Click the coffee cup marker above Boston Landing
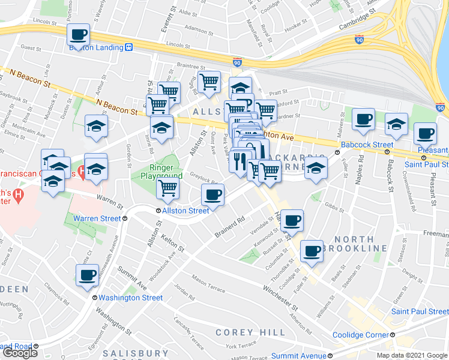[79, 34]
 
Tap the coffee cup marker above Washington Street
[87, 274]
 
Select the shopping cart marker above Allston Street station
[168, 188]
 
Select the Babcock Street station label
[366, 145]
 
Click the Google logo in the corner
[19, 353]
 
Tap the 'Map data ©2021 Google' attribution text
[412, 355]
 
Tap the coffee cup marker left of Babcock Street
[363, 119]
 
